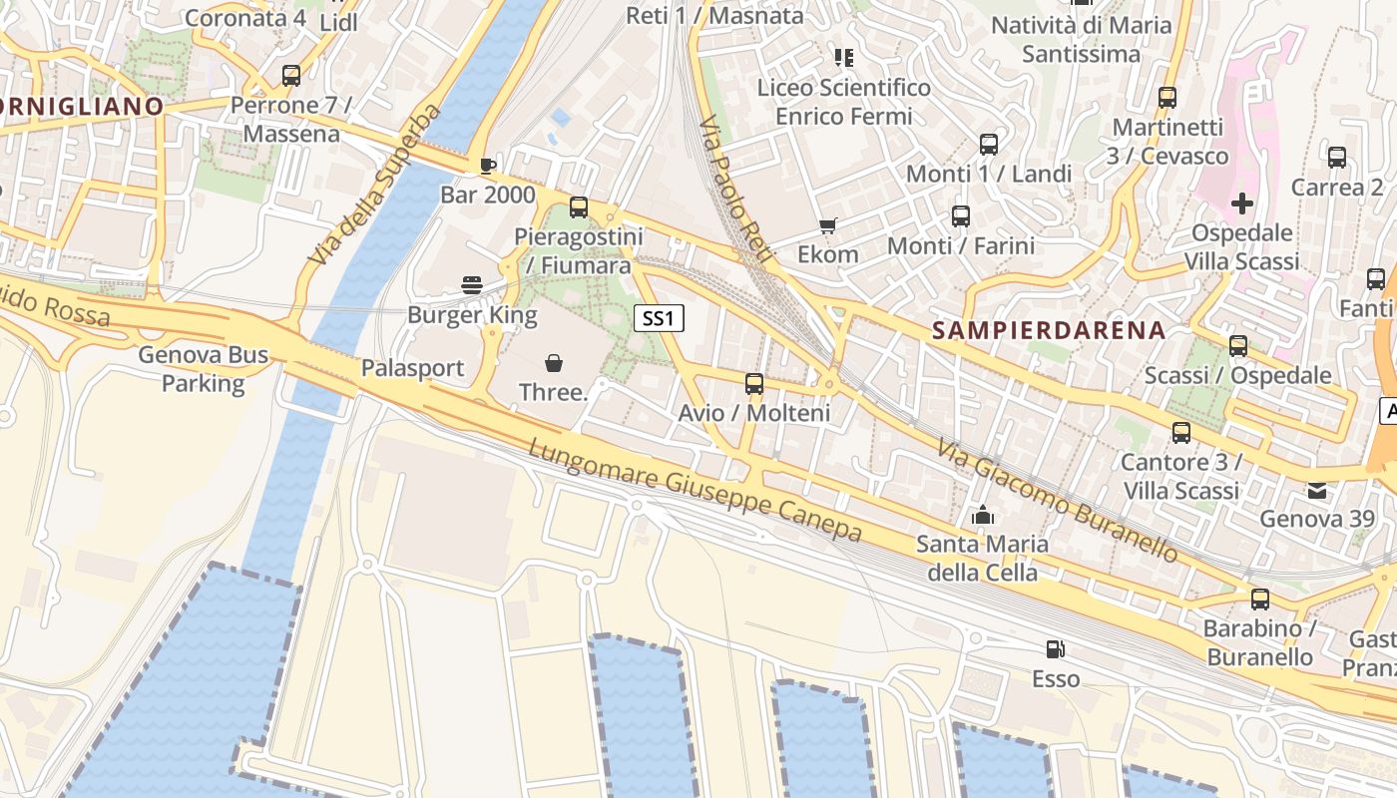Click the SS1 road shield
pos(660,319)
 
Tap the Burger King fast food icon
pos(473,285)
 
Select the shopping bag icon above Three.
pos(554,363)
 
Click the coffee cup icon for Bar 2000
pos(488,166)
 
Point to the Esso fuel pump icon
pos(1055,649)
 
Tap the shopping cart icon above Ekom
pos(827,225)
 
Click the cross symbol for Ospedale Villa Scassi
pos(1241,204)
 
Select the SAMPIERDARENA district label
pos(1048,331)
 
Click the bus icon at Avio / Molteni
pos(754,383)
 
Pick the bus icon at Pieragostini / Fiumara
pos(579,207)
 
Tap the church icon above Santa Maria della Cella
pos(983,516)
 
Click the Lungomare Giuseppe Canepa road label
pos(695,492)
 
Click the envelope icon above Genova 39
pos(1317,490)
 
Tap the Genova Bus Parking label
pos(204,369)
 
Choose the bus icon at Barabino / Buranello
pos(1259,599)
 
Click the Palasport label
pos(412,368)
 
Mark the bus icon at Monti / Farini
pos(961,215)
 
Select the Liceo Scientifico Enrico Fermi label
pos(844,102)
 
